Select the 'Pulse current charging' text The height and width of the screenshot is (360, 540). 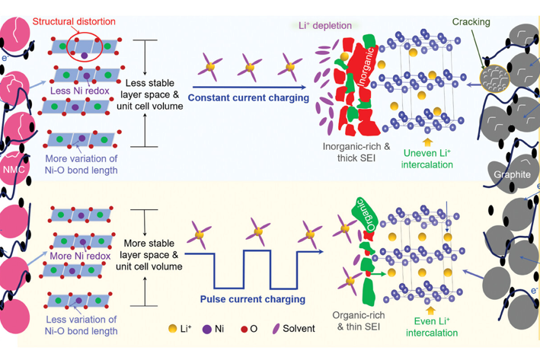(x=242, y=299)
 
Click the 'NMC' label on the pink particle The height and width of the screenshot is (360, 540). (x=13, y=169)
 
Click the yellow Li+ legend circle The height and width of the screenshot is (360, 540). (x=174, y=330)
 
